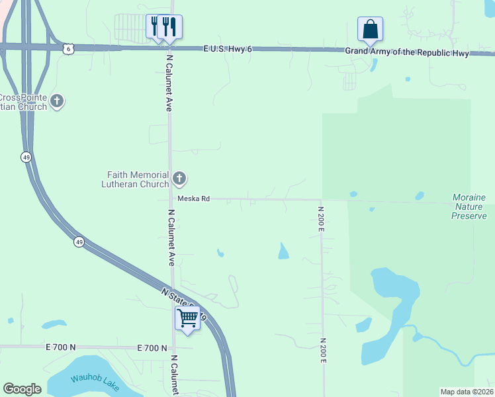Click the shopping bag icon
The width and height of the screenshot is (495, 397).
pos(370,29)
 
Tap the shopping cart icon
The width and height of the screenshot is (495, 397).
pos(187,318)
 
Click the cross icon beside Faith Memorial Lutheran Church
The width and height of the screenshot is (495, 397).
pos(179,178)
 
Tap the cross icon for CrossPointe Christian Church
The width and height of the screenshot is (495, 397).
pos(58,101)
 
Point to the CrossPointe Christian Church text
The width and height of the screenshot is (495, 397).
pos(24,102)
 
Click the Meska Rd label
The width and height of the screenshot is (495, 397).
pos(193,198)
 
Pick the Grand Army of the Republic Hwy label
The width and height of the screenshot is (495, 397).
pos(406,52)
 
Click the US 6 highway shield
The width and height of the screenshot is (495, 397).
pos(67,48)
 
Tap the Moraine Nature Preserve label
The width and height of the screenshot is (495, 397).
pos(469,206)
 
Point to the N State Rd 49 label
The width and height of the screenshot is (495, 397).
pos(185,303)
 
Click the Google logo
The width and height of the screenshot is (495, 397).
pos(22,389)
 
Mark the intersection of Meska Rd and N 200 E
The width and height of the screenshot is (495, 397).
pos(322,200)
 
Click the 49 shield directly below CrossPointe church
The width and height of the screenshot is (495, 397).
pos(26,157)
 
